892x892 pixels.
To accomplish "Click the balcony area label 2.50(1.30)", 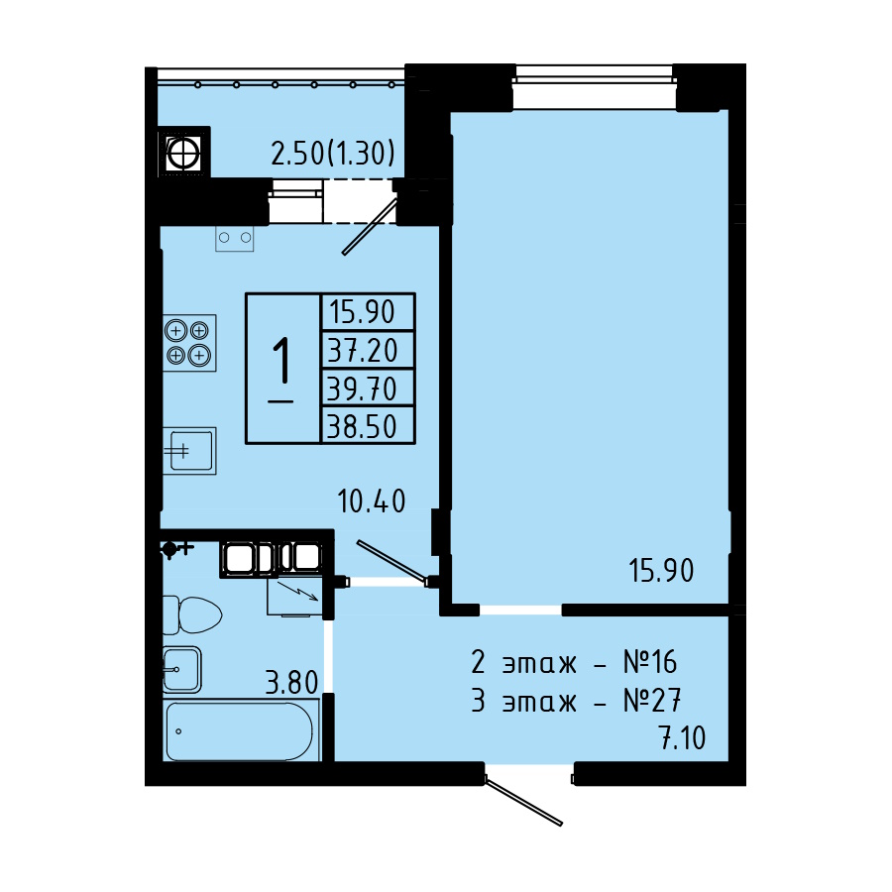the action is coord(333,154).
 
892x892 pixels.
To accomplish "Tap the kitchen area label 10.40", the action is coord(372,502).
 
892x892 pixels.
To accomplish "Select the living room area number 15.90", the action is coord(661,570).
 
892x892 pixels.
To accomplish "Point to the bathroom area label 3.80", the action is coord(291,682).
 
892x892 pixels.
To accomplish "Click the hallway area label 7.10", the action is coord(682,737).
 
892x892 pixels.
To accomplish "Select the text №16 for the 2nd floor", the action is coord(650,662).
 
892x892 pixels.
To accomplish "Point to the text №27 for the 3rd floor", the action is coord(652,701).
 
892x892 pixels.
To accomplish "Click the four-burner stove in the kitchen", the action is coord(189,343).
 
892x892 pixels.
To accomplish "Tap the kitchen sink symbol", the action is coord(189,451).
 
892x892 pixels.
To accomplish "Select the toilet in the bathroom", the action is coord(191,614).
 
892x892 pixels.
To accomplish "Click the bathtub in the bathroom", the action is coord(241,730).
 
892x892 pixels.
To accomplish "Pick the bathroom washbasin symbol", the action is coord(182,670).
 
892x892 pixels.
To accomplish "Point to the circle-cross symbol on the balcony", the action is coord(183,152).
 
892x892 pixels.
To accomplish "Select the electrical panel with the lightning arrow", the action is coord(295,597).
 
